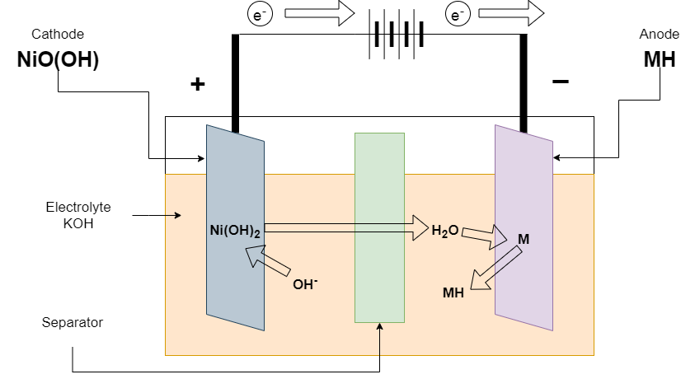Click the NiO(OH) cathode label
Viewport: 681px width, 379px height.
[58, 60]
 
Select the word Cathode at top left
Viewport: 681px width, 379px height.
[58, 34]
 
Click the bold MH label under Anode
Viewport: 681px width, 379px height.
[660, 60]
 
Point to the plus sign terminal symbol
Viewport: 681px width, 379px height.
[197, 84]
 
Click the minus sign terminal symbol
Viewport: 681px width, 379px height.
[560, 82]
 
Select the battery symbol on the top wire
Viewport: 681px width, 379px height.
[398, 35]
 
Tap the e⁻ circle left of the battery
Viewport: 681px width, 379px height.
[260, 14]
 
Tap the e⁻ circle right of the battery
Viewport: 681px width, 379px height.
[457, 14]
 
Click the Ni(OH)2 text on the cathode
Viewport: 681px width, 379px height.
[235, 231]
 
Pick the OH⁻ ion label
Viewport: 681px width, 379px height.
[305, 285]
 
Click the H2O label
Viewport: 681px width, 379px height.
[445, 231]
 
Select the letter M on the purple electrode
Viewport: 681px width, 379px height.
[523, 239]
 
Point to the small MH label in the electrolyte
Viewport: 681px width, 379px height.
[453, 292]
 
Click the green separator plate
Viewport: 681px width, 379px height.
[379, 227]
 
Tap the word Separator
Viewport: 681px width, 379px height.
[73, 322]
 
